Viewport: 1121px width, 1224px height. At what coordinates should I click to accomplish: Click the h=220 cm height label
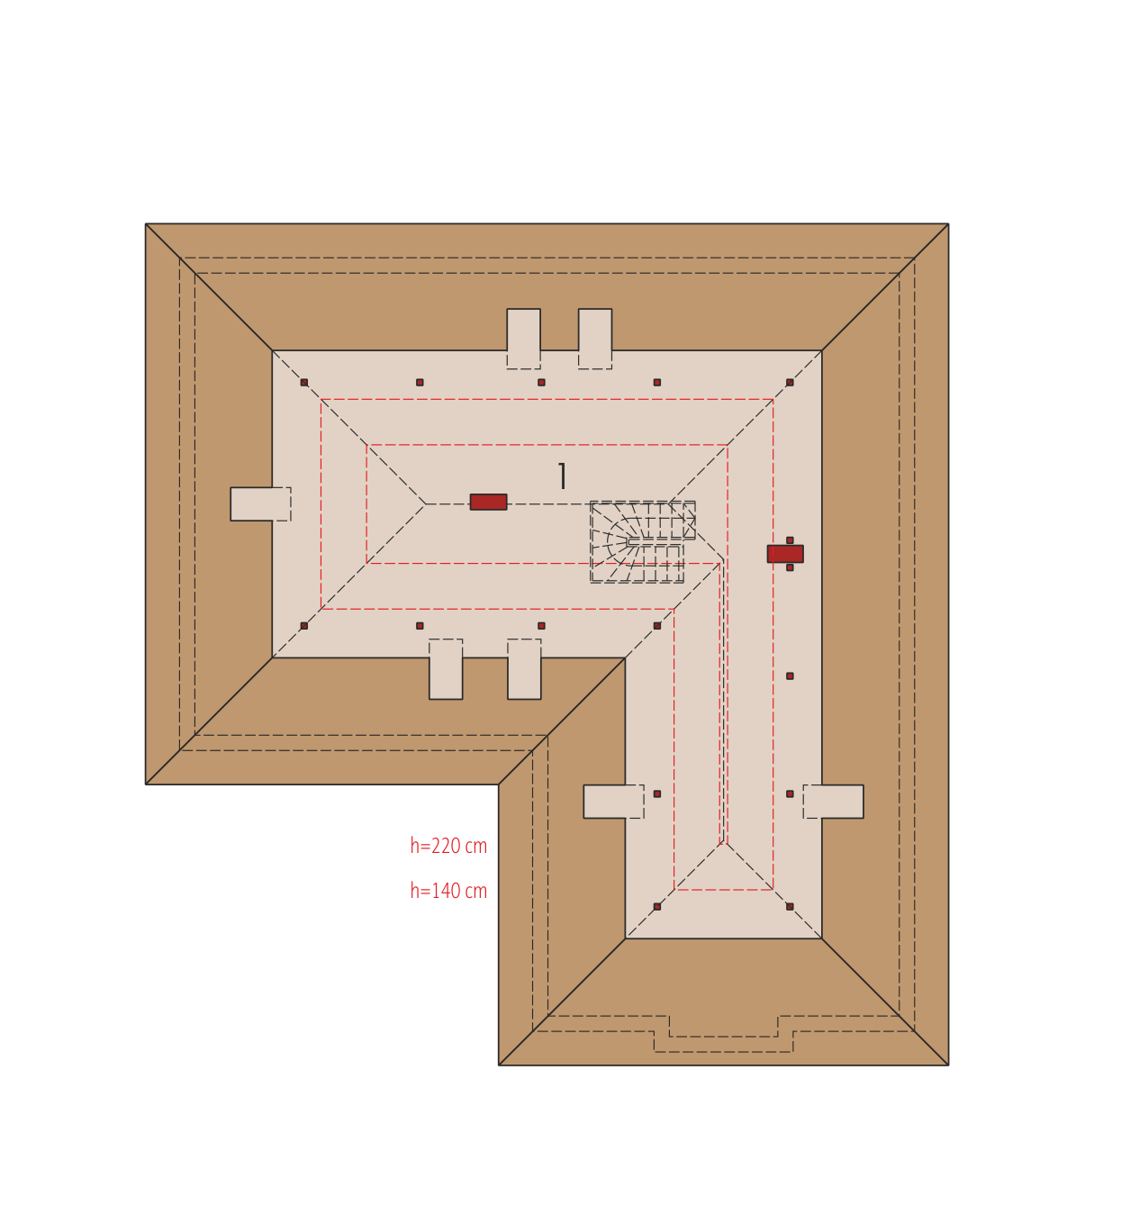pos(448,847)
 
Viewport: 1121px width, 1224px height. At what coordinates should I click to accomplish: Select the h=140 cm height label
pos(448,892)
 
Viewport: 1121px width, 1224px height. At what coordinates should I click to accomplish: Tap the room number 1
pos(563,476)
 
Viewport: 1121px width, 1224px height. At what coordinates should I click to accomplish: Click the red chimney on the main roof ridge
pos(488,503)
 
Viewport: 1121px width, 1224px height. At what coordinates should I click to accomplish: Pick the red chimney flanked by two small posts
pos(785,553)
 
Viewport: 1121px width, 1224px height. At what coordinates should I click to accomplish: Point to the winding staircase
pos(642,542)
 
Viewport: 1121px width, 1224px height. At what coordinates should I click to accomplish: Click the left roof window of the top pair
pos(523,339)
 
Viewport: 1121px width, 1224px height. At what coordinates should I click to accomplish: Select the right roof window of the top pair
pos(595,339)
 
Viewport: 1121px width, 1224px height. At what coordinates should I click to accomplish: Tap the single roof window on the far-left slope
pos(260,504)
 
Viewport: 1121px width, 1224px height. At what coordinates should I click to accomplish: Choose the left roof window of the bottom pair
pos(446,669)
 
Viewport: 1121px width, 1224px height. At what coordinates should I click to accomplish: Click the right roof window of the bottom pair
pos(524,669)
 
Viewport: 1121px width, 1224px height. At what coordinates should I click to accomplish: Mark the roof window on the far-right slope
pos(834,802)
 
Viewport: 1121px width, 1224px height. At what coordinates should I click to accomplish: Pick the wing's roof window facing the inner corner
pos(614,802)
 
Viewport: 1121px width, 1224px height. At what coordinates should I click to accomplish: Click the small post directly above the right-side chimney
pos(790,540)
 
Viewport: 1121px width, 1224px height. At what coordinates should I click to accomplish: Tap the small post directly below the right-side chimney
pos(790,567)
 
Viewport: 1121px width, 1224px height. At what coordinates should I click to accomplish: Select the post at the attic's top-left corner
pos(304,383)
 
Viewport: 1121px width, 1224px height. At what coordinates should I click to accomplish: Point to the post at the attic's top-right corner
pos(790,383)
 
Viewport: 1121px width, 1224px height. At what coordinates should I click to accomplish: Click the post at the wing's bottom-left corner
pos(657,907)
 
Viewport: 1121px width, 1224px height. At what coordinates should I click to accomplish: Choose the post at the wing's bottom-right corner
pos(790,907)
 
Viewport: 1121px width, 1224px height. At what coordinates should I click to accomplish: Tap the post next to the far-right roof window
pos(790,793)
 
